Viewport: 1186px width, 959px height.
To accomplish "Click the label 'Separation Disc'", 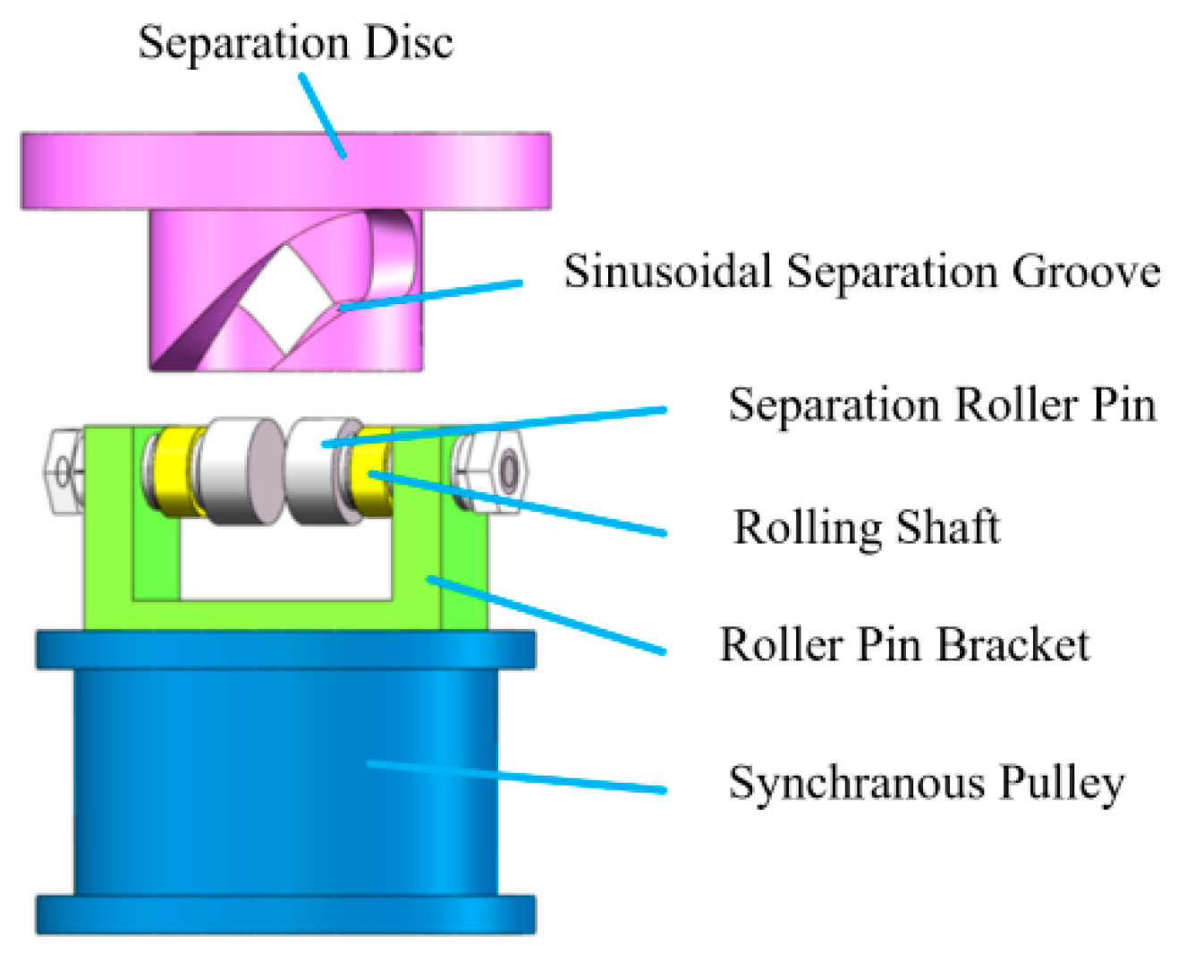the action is pyautogui.click(x=295, y=43).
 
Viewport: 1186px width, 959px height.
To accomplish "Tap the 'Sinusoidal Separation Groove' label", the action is pyautogui.click(x=862, y=272).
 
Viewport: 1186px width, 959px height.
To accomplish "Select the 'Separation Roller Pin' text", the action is pyautogui.click(x=943, y=405).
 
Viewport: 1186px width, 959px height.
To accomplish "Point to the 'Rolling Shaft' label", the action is pyautogui.click(x=867, y=528).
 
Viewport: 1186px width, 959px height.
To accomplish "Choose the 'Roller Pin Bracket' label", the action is pyautogui.click(x=905, y=645).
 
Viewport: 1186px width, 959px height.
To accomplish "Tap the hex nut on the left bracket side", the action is pyautogui.click(x=64, y=471).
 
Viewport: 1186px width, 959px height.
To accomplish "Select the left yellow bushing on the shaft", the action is pyautogui.click(x=174, y=471).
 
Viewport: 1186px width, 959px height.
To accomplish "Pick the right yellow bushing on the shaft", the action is pyautogui.click(x=370, y=471).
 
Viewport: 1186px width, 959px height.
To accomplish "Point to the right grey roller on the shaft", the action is pyautogui.click(x=324, y=471).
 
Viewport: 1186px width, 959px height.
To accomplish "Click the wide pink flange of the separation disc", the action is pyautogui.click(x=286, y=171).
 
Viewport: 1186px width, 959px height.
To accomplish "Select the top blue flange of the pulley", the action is pyautogui.click(x=286, y=649).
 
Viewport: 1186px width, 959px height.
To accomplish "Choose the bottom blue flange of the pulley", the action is pyautogui.click(x=286, y=914).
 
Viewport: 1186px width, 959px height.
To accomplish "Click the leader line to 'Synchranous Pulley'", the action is pyautogui.click(x=515, y=777).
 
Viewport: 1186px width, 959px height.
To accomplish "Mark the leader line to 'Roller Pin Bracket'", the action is pyautogui.click(x=546, y=615).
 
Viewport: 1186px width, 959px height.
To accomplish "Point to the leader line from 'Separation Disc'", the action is pyautogui.click(x=323, y=115).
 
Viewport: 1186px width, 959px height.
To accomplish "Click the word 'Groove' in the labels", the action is pyautogui.click(x=1087, y=272).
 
